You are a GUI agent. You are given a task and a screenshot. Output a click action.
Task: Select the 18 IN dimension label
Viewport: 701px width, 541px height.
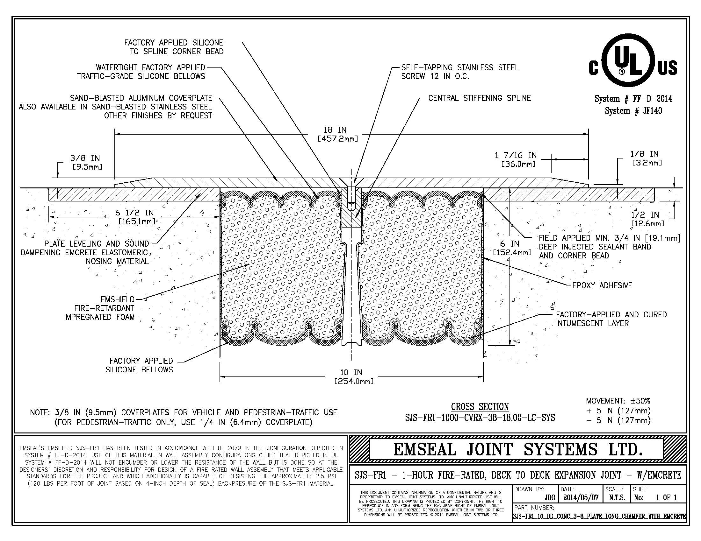[335, 130]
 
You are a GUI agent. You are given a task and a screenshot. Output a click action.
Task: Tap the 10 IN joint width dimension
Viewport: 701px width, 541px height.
[351, 372]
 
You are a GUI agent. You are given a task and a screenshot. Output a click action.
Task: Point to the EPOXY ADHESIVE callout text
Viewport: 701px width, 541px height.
[602, 285]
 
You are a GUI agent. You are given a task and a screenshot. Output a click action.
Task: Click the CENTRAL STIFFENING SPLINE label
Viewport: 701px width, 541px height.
[480, 98]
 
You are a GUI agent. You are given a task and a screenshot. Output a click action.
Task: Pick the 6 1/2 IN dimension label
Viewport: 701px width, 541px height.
[134, 213]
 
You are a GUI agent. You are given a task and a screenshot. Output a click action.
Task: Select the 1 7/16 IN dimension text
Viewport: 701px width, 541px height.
[516, 155]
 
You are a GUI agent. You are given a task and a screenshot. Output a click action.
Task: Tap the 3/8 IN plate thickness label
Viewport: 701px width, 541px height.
[85, 158]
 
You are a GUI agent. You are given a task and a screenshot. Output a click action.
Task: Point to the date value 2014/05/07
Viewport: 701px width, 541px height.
[581, 498]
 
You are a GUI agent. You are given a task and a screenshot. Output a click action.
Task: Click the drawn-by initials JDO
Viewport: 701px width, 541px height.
[550, 498]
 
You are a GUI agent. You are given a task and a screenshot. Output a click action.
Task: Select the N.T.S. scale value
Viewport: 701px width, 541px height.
[617, 498]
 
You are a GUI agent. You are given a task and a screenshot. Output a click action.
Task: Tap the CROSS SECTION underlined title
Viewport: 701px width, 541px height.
[480, 407]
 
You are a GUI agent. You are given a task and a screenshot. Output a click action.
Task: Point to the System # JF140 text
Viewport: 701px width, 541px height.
[633, 111]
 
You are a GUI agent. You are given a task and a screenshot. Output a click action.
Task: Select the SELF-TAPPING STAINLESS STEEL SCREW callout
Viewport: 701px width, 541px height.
[459, 72]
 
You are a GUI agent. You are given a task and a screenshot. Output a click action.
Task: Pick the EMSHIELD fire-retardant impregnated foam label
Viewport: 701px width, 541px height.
[99, 308]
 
